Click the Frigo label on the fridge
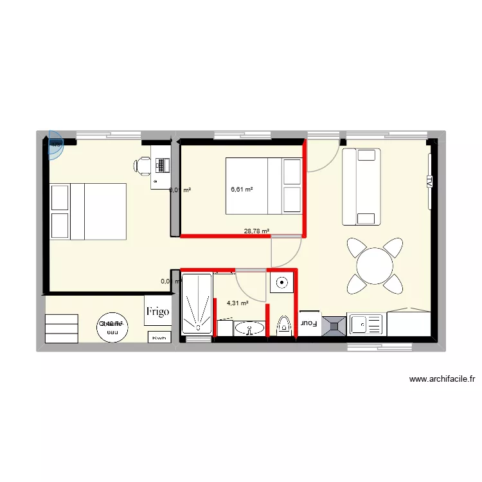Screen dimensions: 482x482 (157, 312)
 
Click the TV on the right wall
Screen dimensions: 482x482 (429, 182)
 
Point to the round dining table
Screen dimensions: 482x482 (375, 265)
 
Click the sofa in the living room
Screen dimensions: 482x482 (361, 186)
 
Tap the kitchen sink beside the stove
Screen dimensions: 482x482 (365, 325)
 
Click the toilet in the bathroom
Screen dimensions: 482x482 (281, 326)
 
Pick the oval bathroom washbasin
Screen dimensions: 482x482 (249, 328)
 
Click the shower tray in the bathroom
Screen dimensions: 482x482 (197, 303)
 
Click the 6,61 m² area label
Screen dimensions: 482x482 (242, 190)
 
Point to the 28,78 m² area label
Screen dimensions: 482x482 (256, 231)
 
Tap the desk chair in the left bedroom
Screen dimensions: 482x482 (142, 166)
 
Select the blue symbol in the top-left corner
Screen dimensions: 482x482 (56, 148)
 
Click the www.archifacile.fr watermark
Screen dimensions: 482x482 (442, 379)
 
